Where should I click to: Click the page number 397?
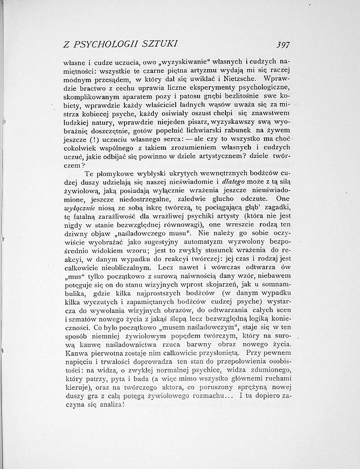pos(281,44)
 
